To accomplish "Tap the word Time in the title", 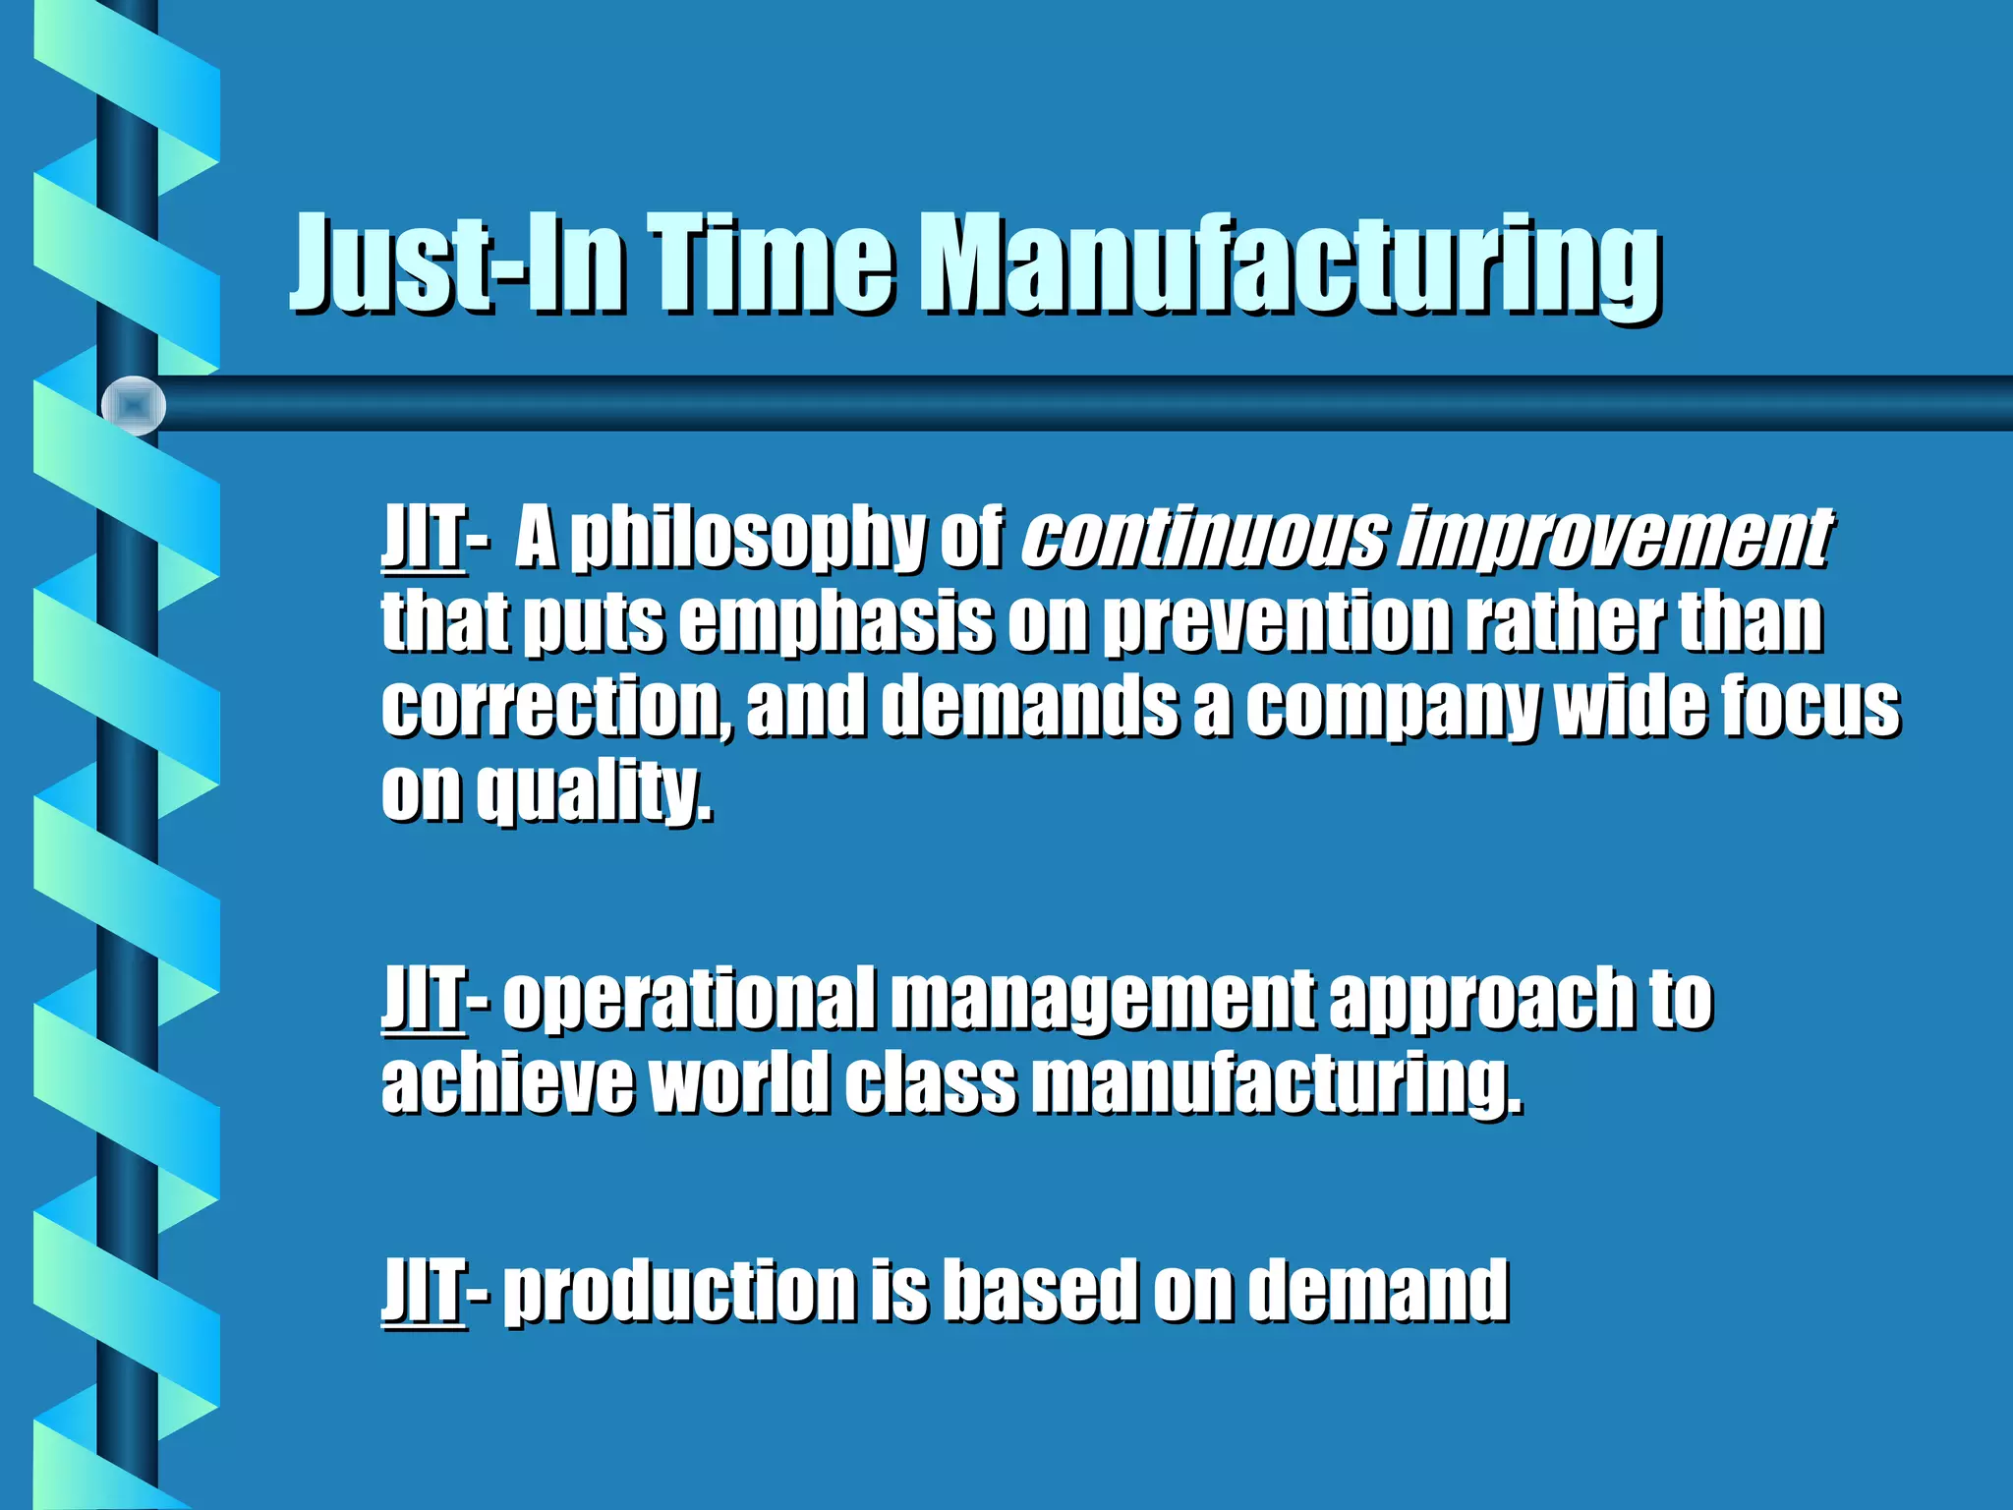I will [x=772, y=263].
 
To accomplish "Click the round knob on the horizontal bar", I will [x=134, y=405].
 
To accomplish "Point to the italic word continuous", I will [x=1205, y=539].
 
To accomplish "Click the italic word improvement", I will [x=1618, y=539].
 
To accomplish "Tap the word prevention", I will [x=1278, y=623].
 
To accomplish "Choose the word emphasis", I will [x=835, y=623].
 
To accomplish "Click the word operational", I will [x=688, y=999].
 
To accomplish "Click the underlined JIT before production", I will [x=423, y=1290].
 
